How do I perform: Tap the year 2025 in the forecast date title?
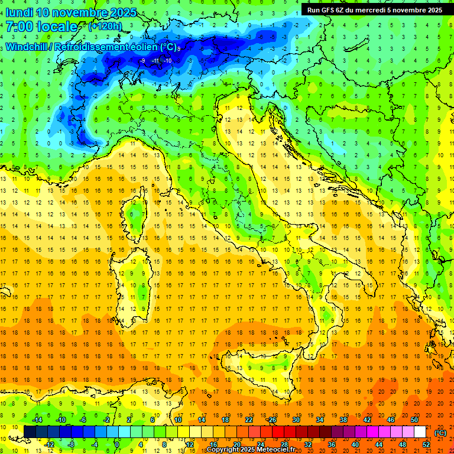(x=122, y=12)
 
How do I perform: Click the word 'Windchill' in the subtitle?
(x=27, y=47)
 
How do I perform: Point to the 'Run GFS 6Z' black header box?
(x=374, y=9)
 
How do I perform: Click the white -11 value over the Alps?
(x=155, y=60)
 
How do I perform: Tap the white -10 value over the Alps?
(x=168, y=60)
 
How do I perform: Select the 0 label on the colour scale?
(x=118, y=445)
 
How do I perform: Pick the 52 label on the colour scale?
(x=426, y=445)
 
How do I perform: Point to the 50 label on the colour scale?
(x=414, y=420)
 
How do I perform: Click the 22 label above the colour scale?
(x=249, y=420)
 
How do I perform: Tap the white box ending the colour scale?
(x=420, y=432)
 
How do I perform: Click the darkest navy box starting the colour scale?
(x=30, y=432)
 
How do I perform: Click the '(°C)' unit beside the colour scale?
(x=440, y=432)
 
